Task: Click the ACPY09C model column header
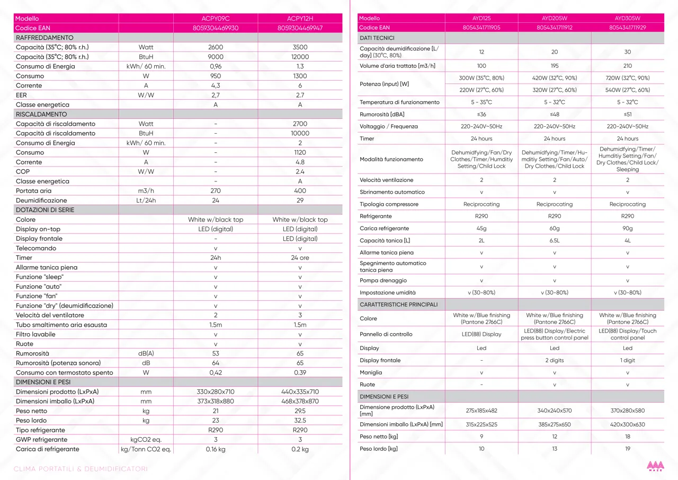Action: point(216,19)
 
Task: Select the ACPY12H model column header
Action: point(300,19)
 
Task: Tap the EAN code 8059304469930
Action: point(216,28)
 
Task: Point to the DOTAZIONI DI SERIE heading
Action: point(45,210)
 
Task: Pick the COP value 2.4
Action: point(300,171)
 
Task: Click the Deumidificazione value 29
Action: point(300,200)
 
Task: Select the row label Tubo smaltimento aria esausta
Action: point(61,325)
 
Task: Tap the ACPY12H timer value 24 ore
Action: point(300,258)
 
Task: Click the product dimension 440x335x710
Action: point(300,391)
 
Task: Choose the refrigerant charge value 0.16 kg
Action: point(216,449)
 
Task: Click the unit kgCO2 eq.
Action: point(146,439)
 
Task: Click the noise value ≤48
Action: point(554,114)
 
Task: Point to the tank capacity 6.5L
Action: point(554,241)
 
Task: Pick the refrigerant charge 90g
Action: point(627,229)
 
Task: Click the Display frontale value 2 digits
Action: point(554,360)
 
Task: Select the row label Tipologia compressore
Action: point(389,204)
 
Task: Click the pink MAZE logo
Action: point(655,466)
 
